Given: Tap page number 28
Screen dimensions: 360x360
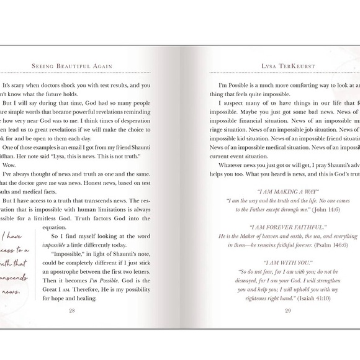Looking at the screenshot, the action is [72, 310].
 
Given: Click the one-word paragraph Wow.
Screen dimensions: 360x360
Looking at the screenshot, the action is [9, 166].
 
